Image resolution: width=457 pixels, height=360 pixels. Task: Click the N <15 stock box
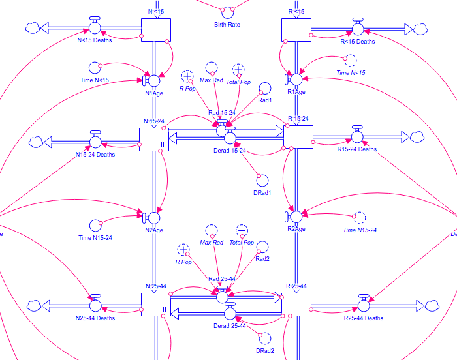pos(156,30)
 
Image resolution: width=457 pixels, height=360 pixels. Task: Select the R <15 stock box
pos(295,30)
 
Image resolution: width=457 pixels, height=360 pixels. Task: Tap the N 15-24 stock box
pos(155,139)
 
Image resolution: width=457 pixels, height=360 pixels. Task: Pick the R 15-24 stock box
pos(298,139)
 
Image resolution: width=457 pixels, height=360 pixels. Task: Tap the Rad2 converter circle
pos(263,247)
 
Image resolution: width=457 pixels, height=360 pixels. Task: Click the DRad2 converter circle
pos(264,337)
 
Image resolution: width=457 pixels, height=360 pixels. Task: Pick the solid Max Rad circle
pos(211,68)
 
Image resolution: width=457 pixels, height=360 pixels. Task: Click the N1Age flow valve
pos(155,80)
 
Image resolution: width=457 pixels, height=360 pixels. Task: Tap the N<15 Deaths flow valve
pos(95,28)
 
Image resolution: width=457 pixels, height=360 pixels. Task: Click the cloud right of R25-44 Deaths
pos(431,305)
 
